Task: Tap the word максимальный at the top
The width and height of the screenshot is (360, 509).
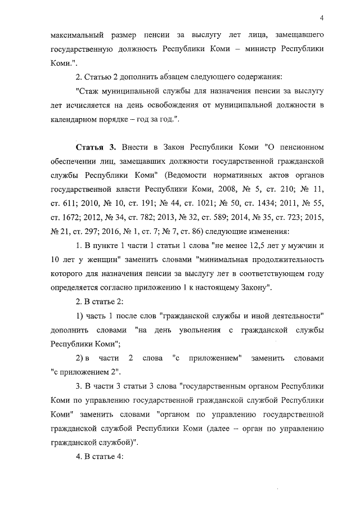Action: click(71, 35)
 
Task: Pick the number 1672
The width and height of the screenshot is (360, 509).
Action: click(66, 218)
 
